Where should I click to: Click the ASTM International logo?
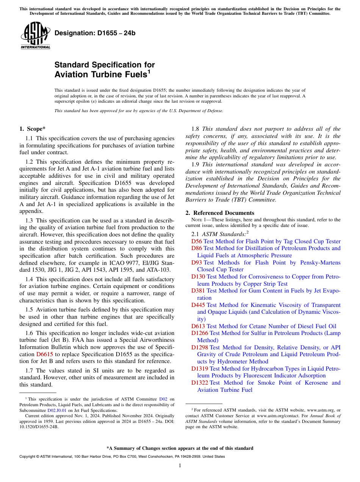click(x=35, y=36)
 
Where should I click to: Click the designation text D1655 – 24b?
click(x=95, y=33)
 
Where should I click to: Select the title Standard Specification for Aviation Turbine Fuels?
click(x=104, y=69)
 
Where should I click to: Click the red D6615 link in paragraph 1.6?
click(x=44, y=354)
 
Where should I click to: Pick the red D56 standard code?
click(x=197, y=241)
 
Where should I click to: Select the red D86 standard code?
click(x=197, y=248)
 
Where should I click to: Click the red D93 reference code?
click(x=197, y=263)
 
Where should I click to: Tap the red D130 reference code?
click(x=198, y=277)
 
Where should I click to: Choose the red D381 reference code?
click(x=198, y=291)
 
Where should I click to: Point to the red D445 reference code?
click(x=198, y=305)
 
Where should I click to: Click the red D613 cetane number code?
click(x=198, y=326)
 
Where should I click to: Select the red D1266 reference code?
click(x=200, y=333)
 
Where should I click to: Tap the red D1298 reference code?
click(x=200, y=347)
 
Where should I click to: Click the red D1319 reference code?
click(x=200, y=369)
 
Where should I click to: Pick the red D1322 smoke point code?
click(x=200, y=383)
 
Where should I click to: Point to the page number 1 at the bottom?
click(x=180, y=465)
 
